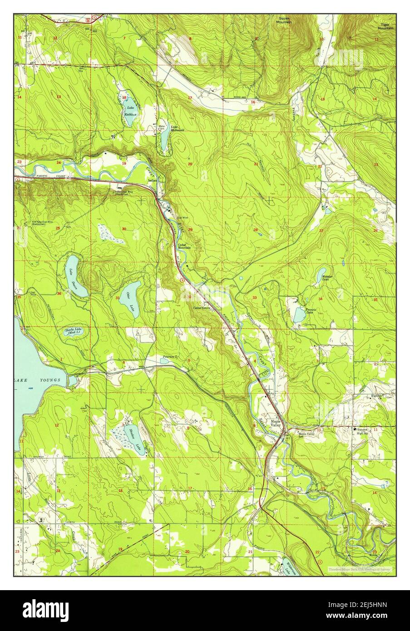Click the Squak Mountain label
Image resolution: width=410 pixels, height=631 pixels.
click(285, 20)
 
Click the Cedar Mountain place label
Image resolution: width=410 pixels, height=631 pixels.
click(184, 246)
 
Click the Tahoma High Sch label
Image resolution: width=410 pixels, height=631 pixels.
click(362, 431)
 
